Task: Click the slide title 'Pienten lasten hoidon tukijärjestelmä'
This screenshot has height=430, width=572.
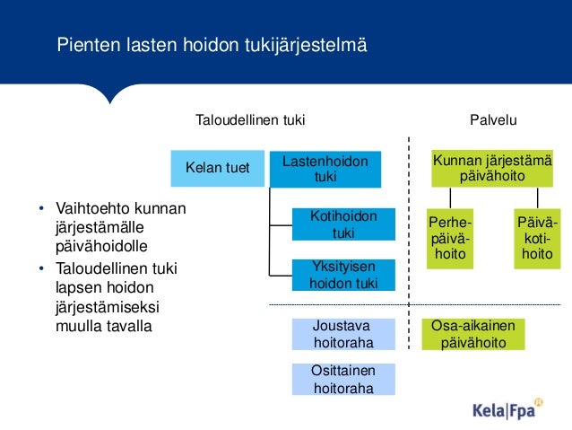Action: [x=212, y=44]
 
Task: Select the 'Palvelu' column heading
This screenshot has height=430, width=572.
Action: [x=493, y=119]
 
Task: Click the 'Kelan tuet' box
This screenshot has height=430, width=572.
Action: [x=217, y=166]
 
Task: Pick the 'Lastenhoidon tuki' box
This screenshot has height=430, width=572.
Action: [x=325, y=169]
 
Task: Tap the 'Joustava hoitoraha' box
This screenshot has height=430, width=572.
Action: [x=343, y=333]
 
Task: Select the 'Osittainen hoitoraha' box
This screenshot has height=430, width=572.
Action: [x=343, y=379]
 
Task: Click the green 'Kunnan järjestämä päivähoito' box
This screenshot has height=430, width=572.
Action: [x=492, y=168]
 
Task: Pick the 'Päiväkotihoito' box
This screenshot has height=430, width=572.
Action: [x=537, y=239]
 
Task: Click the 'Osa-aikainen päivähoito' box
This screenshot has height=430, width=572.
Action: [x=473, y=334]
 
